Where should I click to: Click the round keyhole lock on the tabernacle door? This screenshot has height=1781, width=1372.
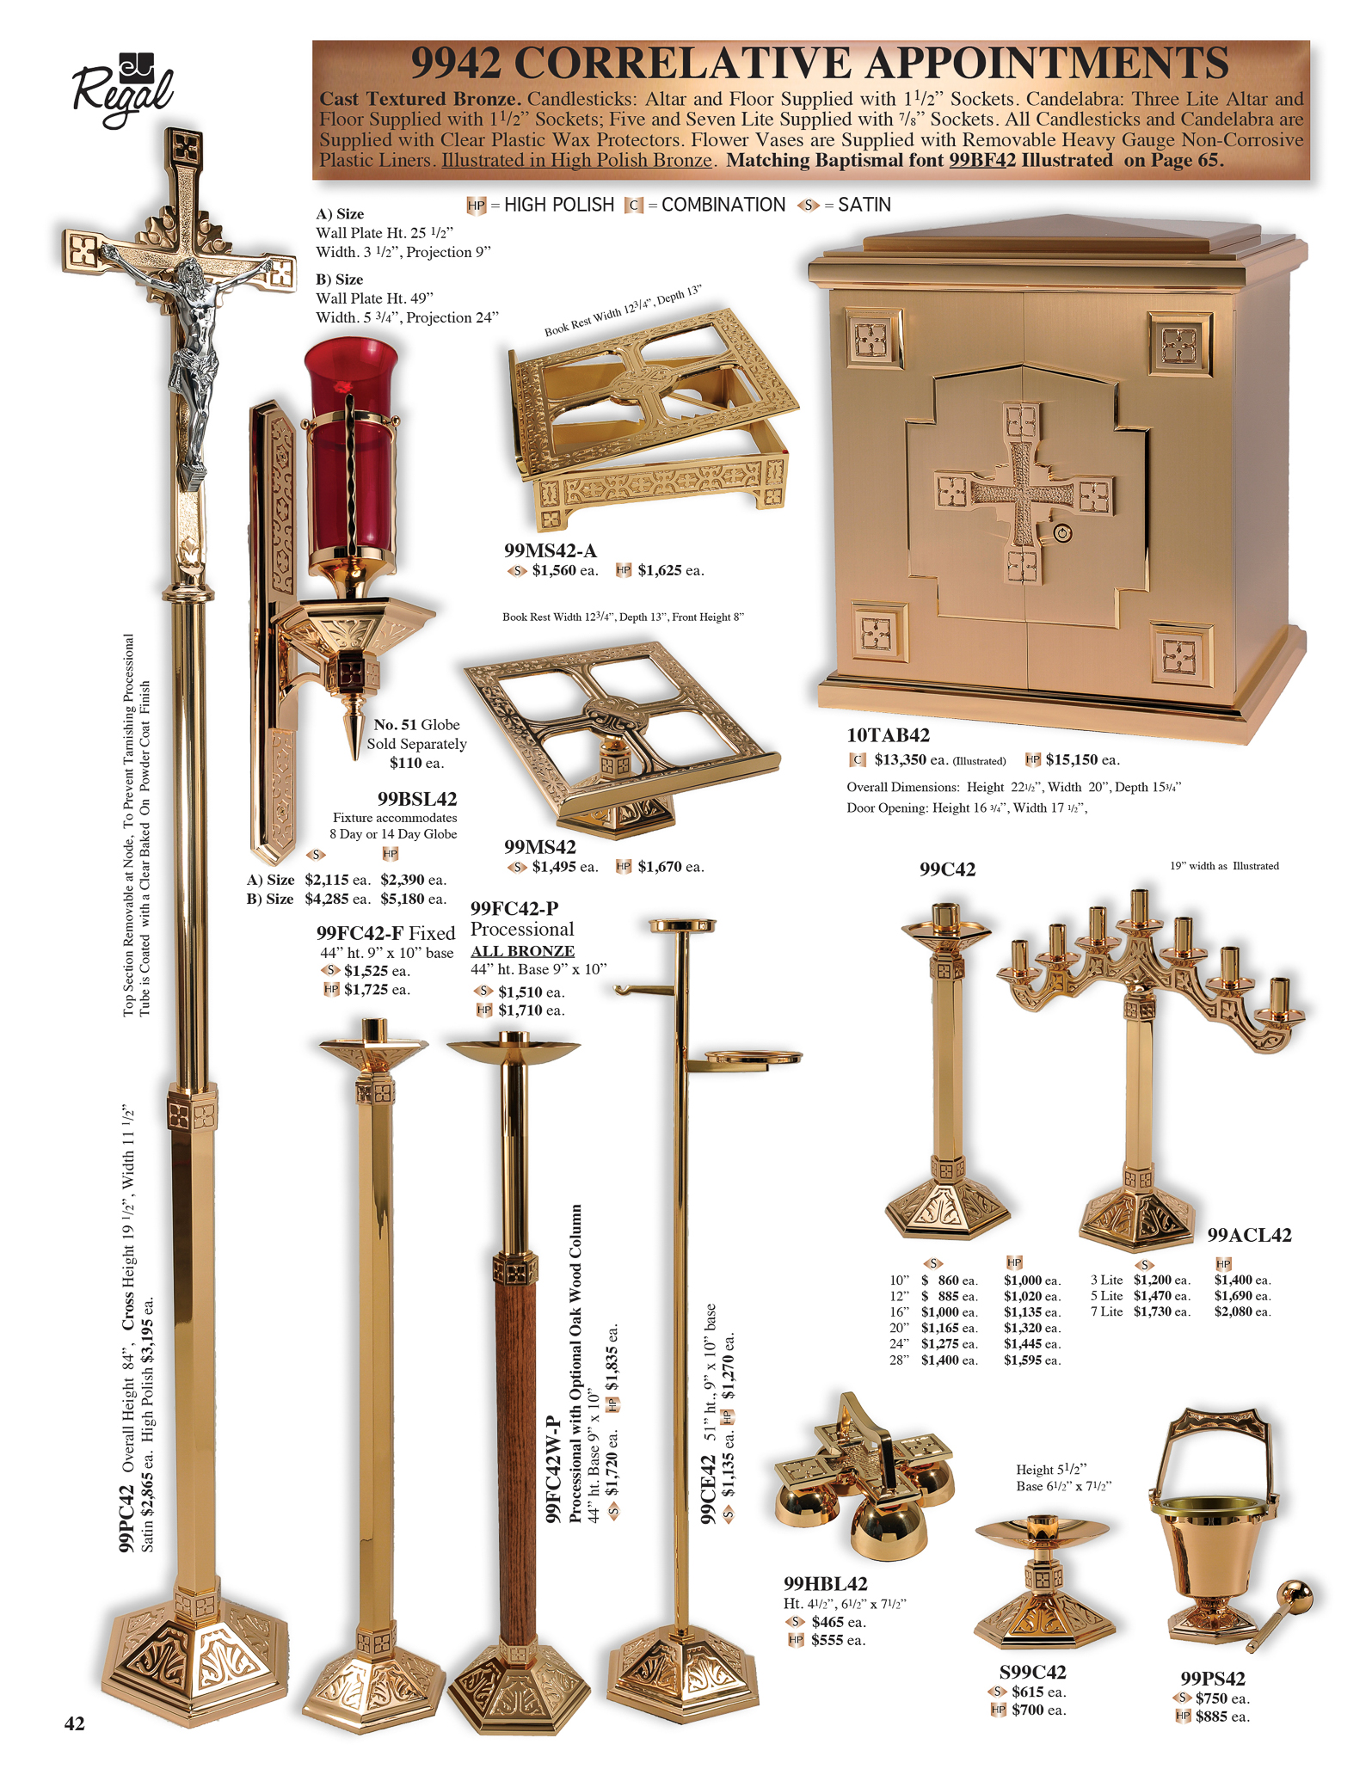pyautogui.click(x=1063, y=534)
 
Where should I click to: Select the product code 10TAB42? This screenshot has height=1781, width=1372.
pyautogui.click(x=888, y=735)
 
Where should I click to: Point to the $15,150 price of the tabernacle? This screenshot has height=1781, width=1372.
pyautogui.click(x=1072, y=759)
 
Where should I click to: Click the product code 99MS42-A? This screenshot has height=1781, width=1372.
pyautogui.click(x=551, y=550)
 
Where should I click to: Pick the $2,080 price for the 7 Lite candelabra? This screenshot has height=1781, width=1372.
pyautogui.click(x=1235, y=1311)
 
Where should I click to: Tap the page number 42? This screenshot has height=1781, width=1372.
pyautogui.click(x=75, y=1723)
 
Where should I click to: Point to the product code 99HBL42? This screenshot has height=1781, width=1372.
pyautogui.click(x=825, y=1583)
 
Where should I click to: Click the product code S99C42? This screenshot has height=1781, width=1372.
pyautogui.click(x=1032, y=1672)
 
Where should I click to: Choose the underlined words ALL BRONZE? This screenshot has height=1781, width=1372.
pyautogui.click(x=522, y=951)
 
